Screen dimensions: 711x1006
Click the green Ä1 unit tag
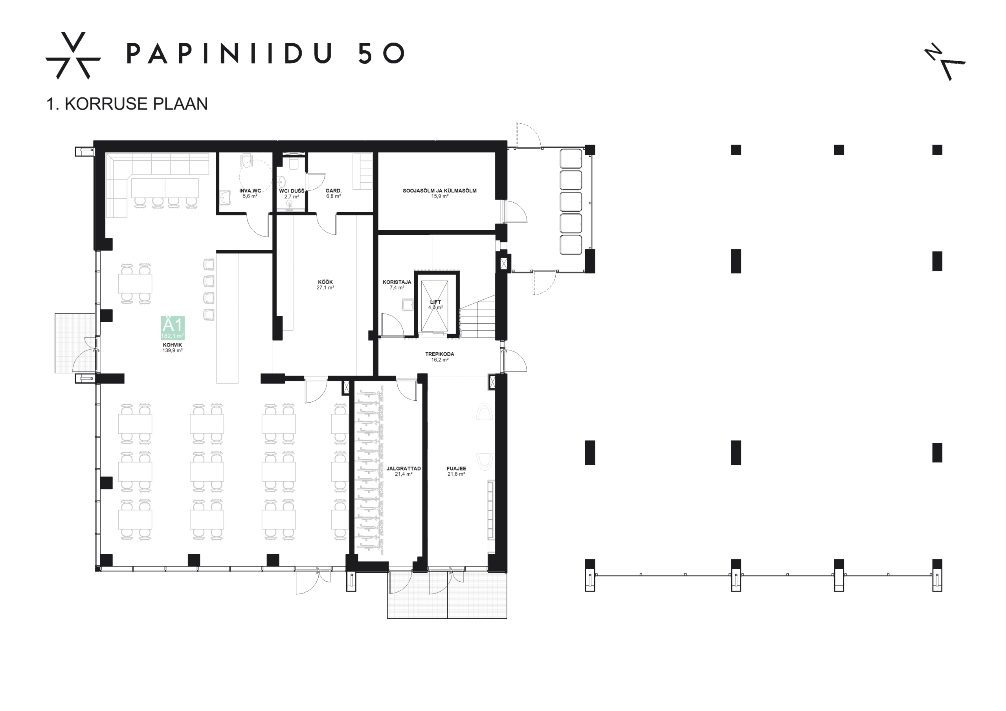173,328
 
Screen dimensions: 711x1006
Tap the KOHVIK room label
172,345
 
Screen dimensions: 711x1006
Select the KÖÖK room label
325,282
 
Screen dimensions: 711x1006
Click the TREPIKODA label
439,354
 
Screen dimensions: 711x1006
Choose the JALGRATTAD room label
403,468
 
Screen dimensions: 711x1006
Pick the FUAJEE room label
456,468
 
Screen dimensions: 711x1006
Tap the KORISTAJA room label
397,282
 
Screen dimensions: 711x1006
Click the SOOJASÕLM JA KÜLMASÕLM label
439,191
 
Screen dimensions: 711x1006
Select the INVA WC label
250,191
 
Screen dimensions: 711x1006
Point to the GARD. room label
334,191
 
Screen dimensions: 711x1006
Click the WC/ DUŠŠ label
291,191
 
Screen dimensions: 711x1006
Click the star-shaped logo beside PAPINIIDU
73,56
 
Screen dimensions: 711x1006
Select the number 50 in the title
381,53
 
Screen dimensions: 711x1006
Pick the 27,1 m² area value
325,288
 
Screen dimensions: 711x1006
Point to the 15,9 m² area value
439,196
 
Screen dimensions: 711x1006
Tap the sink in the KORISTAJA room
408,304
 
